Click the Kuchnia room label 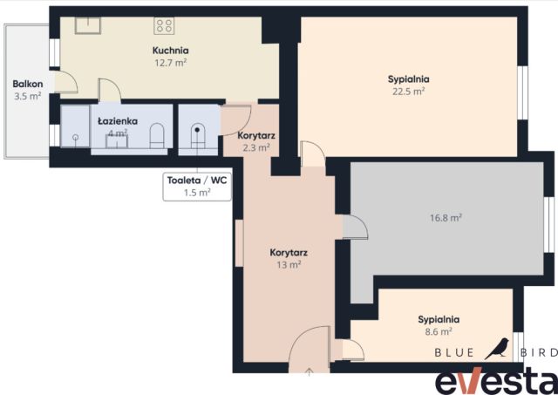[171, 51]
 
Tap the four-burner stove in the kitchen [164, 26]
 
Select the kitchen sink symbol [88, 25]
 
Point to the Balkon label [28, 84]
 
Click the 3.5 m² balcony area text [28, 96]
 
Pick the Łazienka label [118, 121]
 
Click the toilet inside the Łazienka [157, 135]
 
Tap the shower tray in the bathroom [75, 126]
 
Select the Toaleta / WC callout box [197, 187]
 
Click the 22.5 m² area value [409, 91]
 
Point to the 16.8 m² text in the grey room [446, 217]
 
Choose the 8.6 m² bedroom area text [439, 331]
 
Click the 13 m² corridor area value [289, 265]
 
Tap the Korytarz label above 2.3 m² [256, 135]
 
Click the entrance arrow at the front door [310, 371]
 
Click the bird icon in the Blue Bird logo [497, 349]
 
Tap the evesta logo [497, 381]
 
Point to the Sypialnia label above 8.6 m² [439, 319]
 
